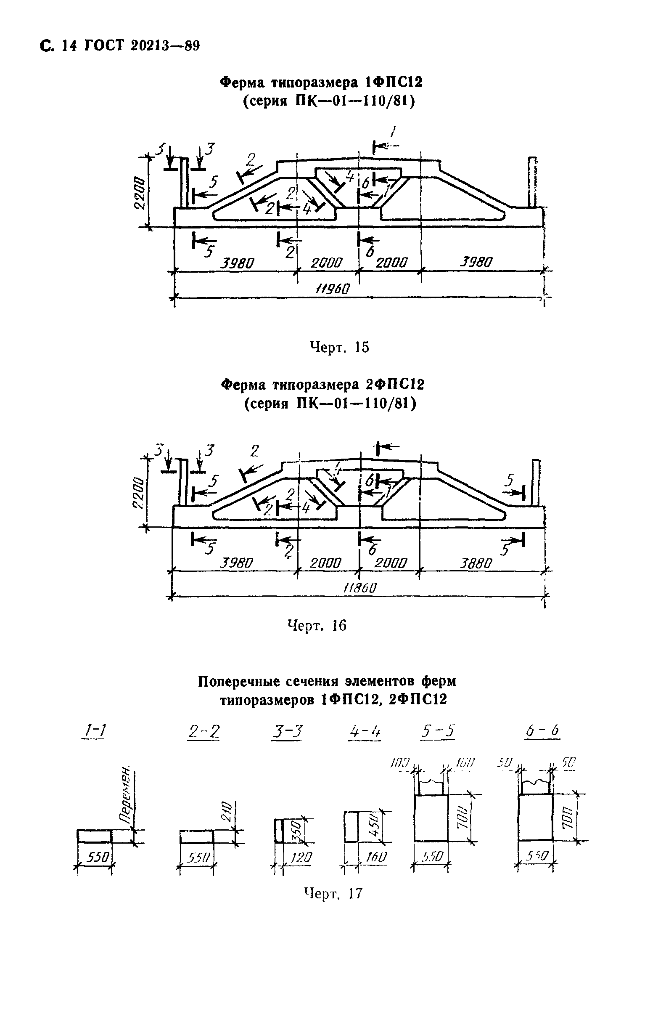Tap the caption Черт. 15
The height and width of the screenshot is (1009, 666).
(339, 347)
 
